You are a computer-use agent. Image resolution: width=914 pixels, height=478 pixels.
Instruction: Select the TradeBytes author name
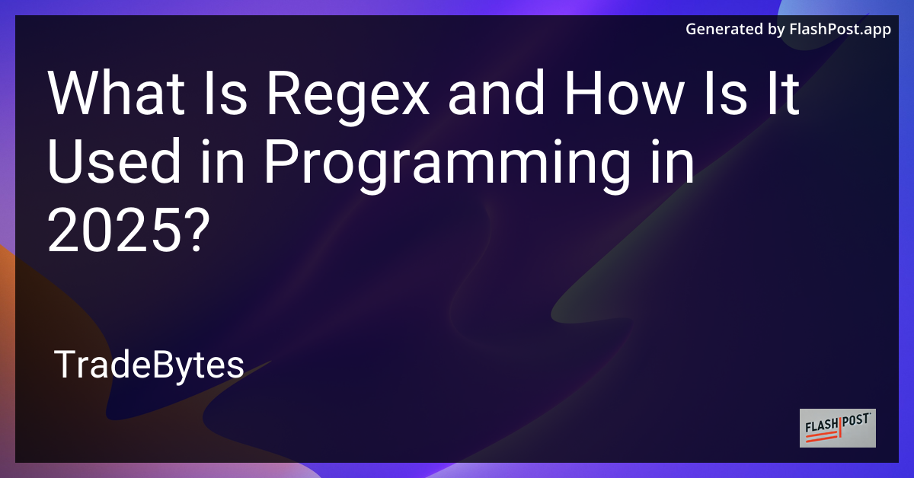149,366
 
